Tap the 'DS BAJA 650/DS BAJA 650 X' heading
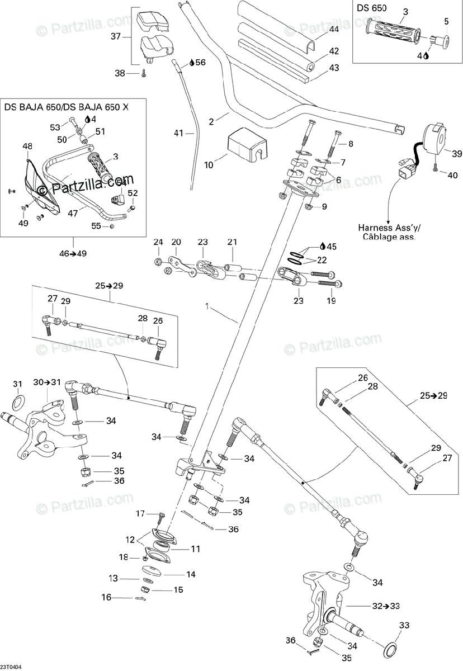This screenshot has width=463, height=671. (x=66, y=106)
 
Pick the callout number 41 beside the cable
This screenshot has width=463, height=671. (x=178, y=133)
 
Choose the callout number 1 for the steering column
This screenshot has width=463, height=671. (x=207, y=306)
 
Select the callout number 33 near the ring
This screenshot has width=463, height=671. (x=404, y=625)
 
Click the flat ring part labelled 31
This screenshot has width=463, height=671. (x=18, y=400)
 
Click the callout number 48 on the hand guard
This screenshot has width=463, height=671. (x=27, y=147)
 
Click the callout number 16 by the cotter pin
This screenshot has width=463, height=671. (x=106, y=598)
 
